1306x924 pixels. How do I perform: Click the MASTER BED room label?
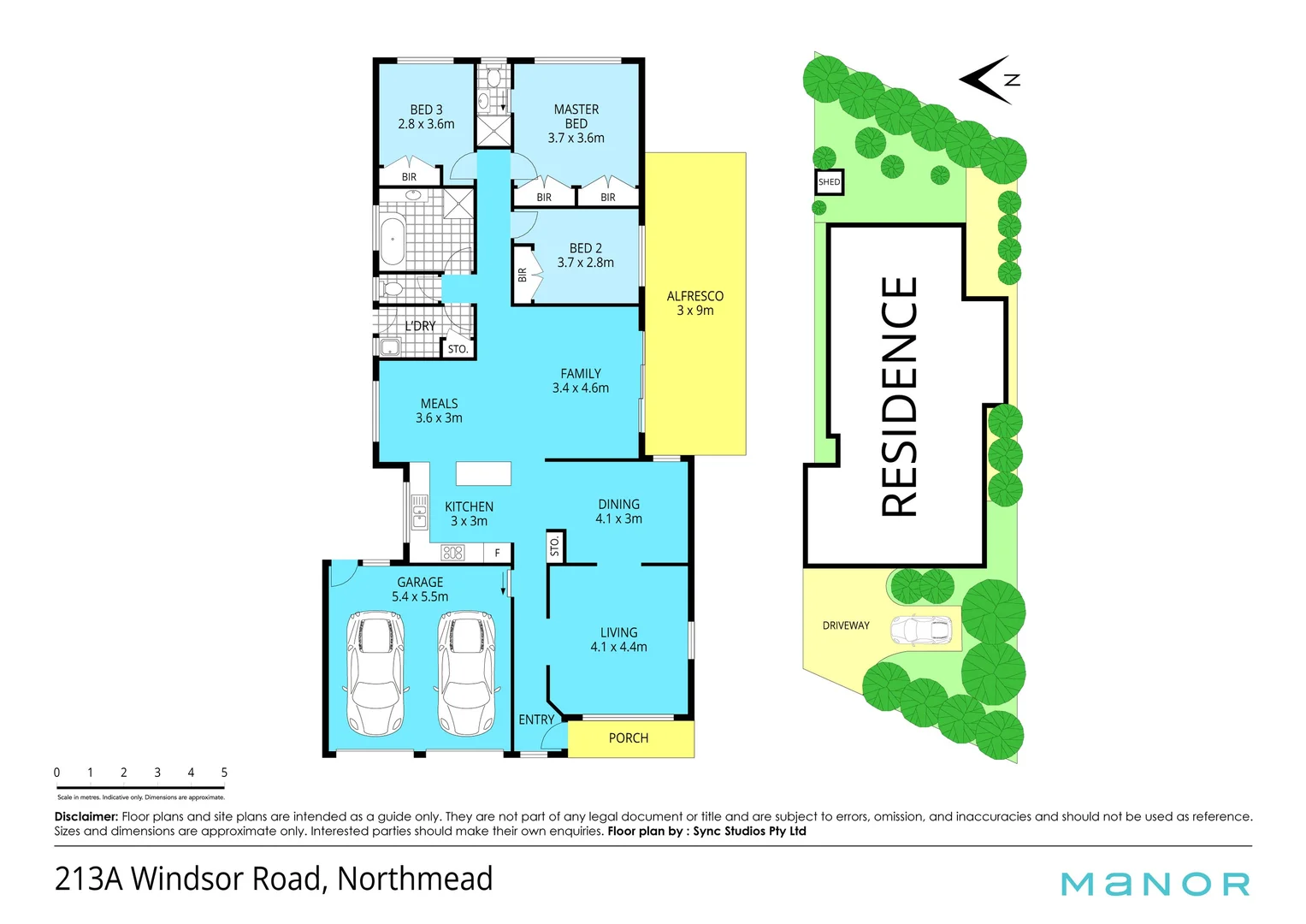click(576, 123)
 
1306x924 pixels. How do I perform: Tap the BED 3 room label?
click(426, 116)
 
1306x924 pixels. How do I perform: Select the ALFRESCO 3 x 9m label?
click(694, 303)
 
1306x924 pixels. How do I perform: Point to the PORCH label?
click(628, 738)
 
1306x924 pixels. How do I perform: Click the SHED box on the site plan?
click(829, 182)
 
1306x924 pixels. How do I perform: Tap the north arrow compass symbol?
click(990, 80)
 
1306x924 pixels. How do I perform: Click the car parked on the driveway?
click(920, 631)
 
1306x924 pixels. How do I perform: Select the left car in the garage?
click(375, 672)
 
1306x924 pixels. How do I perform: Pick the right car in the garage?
click(466, 672)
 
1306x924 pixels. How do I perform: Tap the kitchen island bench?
click(483, 473)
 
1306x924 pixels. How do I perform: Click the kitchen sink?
click(419, 512)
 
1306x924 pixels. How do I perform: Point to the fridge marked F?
click(497, 554)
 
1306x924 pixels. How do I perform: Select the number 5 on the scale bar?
click(224, 773)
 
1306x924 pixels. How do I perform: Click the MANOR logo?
click(1155, 884)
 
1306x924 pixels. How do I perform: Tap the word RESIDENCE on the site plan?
click(900, 397)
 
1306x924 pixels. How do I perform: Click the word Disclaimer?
click(86, 817)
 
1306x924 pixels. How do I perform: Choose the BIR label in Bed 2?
click(523, 275)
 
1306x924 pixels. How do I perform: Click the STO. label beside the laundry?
click(458, 349)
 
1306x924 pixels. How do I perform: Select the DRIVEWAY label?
click(845, 625)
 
